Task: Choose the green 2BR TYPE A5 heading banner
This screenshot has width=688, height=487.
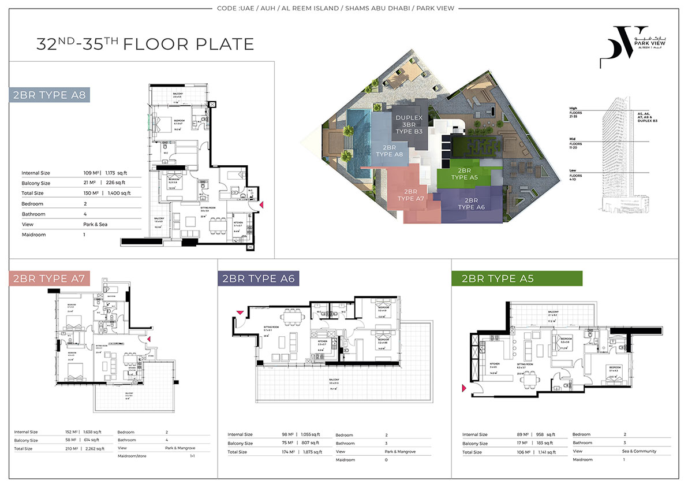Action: pos(498,278)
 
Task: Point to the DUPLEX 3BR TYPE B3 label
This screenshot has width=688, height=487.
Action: pos(409,124)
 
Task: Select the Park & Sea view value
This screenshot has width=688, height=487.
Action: pos(95,224)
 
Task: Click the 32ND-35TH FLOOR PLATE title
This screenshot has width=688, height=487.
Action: pos(145,44)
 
